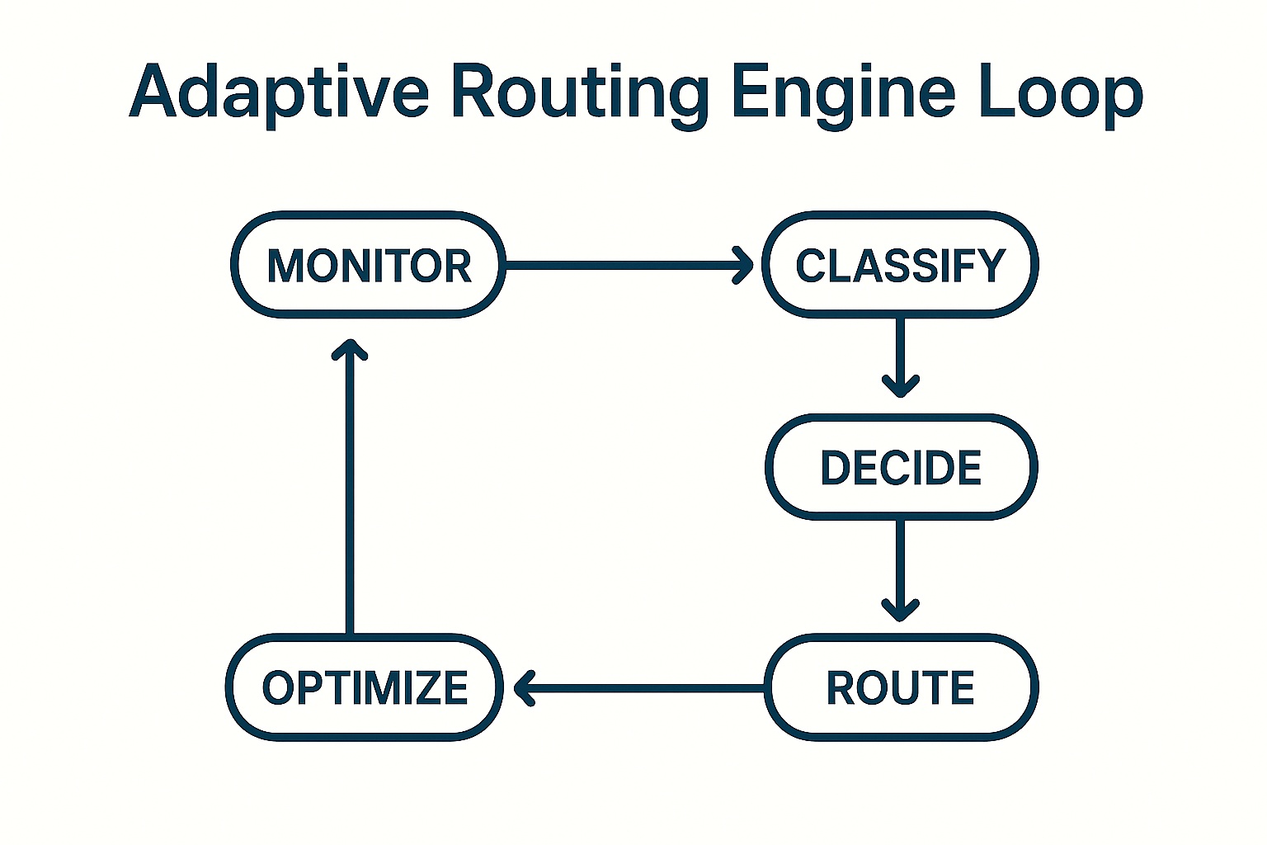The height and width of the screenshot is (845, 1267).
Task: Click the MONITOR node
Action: [x=368, y=265]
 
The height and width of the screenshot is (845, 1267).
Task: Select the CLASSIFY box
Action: [x=900, y=265]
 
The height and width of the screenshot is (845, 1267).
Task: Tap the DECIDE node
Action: [x=901, y=467]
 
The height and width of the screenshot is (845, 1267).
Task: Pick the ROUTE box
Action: [x=901, y=687]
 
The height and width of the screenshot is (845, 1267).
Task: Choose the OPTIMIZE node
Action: [x=365, y=687]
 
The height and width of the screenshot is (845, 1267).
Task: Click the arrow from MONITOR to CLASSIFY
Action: [x=619, y=265]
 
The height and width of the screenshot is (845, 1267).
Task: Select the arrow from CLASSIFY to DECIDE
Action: [x=900, y=351]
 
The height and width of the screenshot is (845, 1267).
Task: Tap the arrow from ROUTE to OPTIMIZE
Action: [x=643, y=687]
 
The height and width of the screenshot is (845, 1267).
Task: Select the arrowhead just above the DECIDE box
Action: [x=900, y=386]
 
